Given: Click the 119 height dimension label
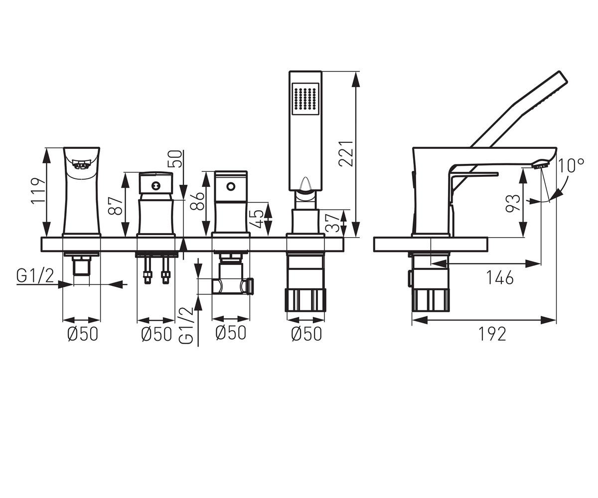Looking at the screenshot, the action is click(38, 191).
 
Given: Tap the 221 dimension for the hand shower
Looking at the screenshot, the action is click(346, 153).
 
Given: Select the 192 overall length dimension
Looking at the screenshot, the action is click(492, 334).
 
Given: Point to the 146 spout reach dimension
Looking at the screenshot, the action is click(500, 277).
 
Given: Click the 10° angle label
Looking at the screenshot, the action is click(571, 165).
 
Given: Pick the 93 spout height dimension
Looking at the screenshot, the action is click(513, 203).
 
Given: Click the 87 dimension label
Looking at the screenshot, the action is click(116, 206).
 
